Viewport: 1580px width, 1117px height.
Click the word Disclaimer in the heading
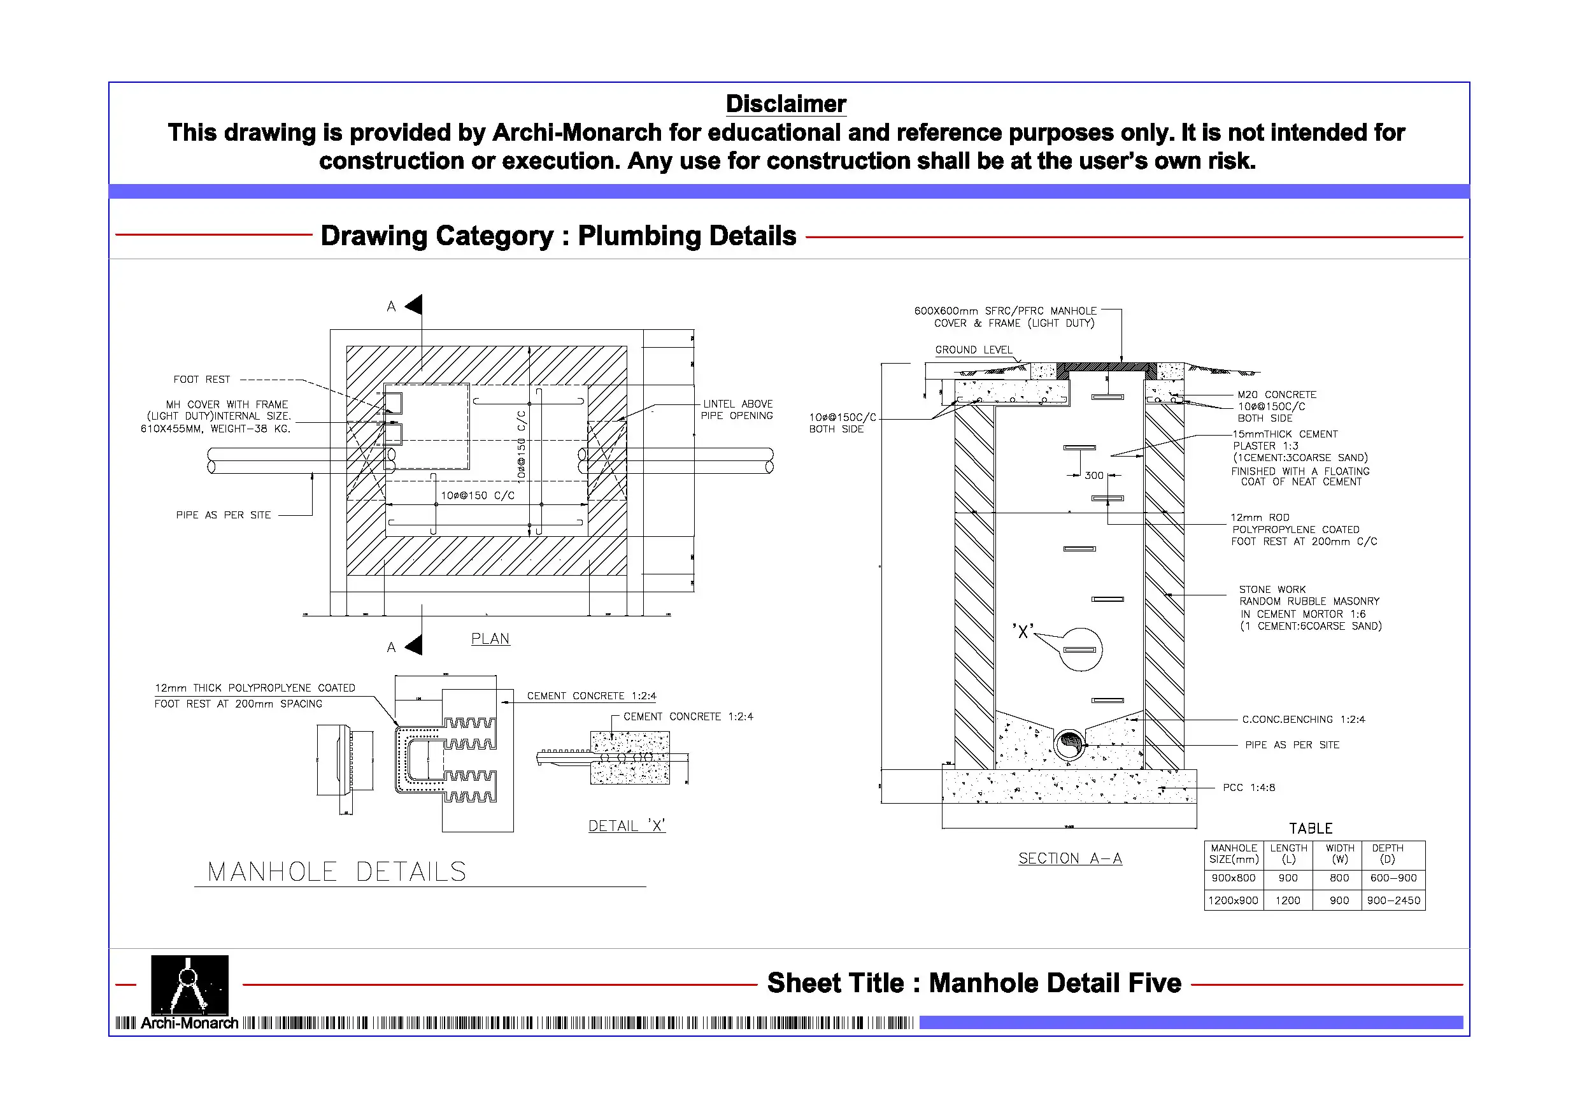785,104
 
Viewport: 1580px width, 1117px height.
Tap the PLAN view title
490,639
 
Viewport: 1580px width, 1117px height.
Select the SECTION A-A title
1069,858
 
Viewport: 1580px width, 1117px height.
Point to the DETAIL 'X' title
626,826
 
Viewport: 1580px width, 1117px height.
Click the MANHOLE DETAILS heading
337,872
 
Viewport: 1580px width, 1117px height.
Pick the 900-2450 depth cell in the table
1393,900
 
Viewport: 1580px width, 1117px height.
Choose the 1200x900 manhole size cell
1233,900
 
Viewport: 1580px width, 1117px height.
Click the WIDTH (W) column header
1339,853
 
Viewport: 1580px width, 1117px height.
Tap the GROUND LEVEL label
973,350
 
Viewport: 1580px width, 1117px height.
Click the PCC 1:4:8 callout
1248,787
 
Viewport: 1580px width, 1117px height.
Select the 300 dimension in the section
1093,476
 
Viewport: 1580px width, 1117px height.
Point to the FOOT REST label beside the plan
202,379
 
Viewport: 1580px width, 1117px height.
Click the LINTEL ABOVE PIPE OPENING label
736,409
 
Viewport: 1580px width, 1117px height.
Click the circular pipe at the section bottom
1069,743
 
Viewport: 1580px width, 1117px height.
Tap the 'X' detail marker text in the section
1023,632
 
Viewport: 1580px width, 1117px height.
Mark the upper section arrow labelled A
413,305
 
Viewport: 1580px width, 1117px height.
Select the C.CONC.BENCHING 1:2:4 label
1303,719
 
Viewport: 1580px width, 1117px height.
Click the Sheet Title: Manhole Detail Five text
974,983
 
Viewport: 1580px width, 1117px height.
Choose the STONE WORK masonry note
1309,608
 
